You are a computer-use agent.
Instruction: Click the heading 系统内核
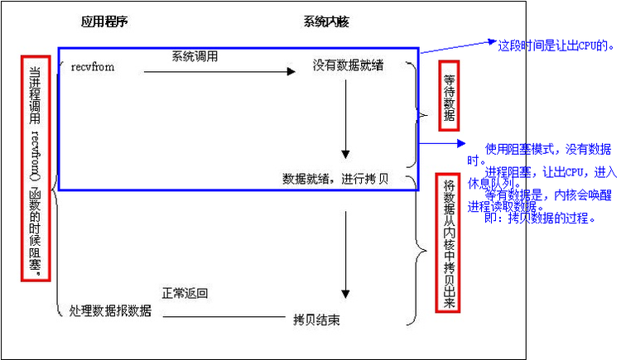click(x=325, y=22)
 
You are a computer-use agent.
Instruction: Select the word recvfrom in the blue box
click(x=94, y=67)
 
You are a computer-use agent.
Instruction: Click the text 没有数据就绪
click(x=348, y=65)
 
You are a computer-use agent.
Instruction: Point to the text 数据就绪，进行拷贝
click(x=341, y=179)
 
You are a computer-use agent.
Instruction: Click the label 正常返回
click(x=185, y=293)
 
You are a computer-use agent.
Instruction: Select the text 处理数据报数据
click(x=110, y=311)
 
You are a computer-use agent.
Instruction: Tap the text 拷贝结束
click(x=315, y=319)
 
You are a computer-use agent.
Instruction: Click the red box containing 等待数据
click(x=450, y=95)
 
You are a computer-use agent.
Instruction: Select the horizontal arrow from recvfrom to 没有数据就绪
click(x=219, y=72)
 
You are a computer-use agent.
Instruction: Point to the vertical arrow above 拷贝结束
click(x=346, y=256)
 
